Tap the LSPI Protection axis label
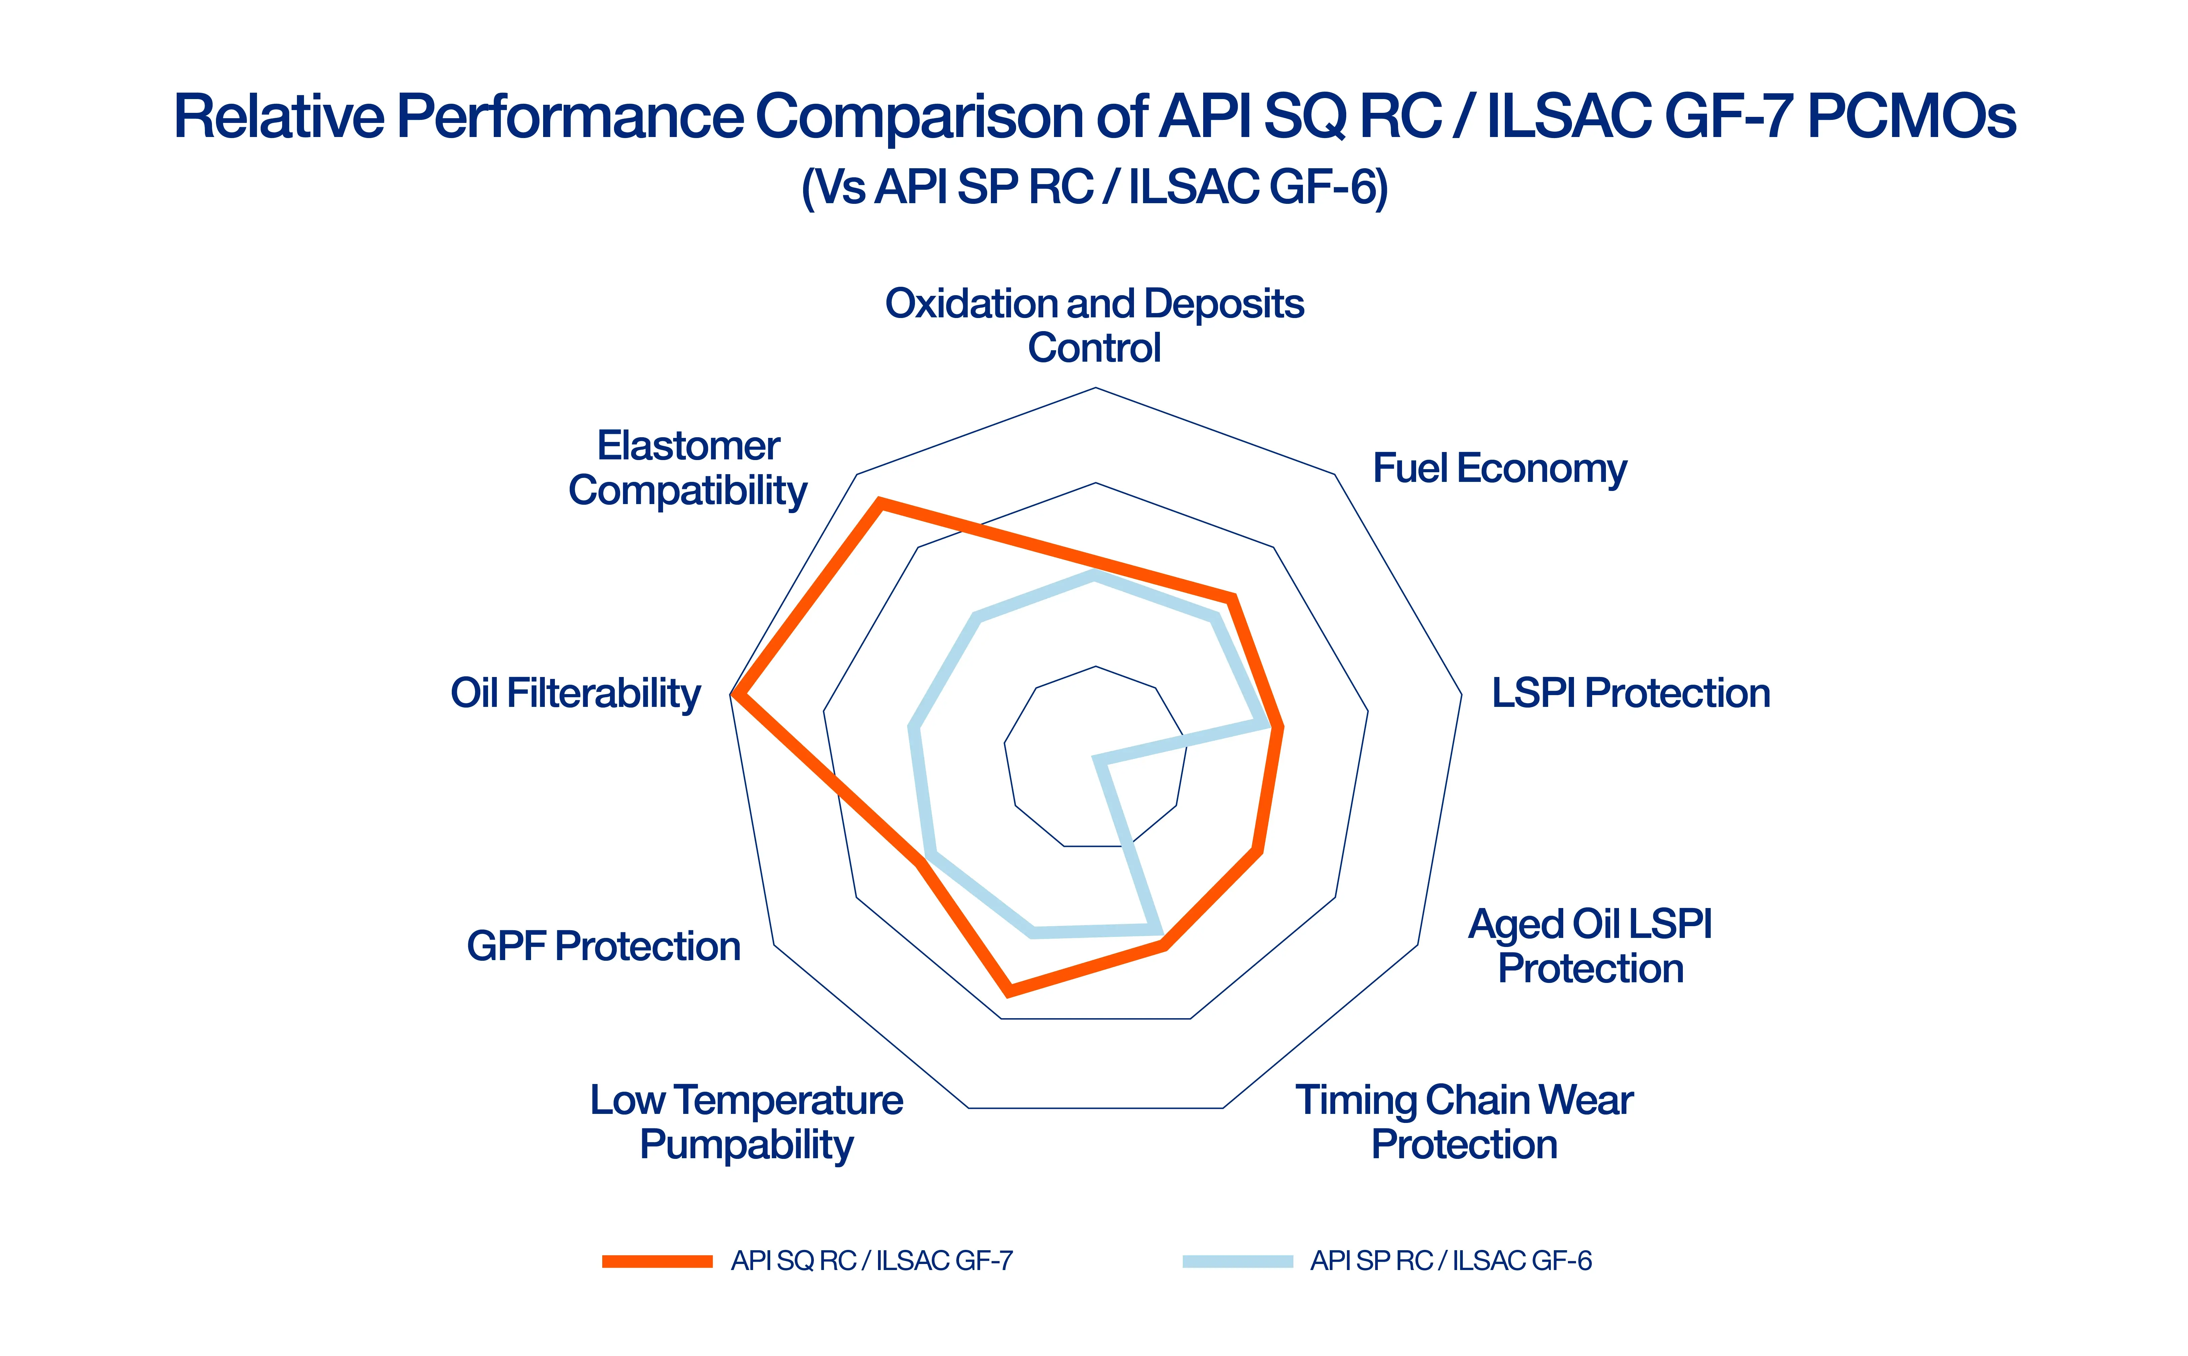coord(1630,693)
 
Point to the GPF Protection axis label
coord(603,946)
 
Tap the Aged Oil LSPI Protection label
coord(1590,946)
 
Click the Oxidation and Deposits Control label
coord(1094,325)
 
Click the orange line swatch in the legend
coord(657,1261)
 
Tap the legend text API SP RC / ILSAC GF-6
coord(1451,1261)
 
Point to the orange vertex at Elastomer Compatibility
coord(880,504)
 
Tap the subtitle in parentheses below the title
coord(1094,187)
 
